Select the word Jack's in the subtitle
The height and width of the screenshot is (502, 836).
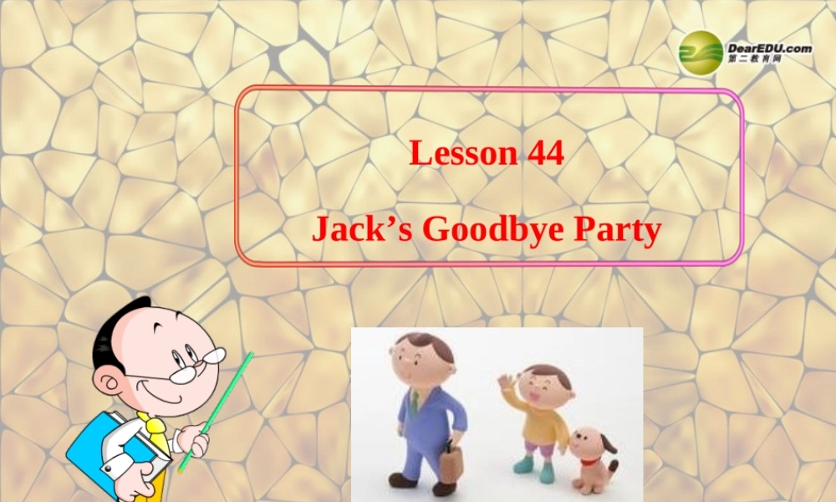pos(361,228)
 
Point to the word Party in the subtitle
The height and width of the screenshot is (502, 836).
pos(617,228)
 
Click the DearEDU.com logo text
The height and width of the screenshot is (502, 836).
pos(770,49)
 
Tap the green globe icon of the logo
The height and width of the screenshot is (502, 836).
pos(701,53)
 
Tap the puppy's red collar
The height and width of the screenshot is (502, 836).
pos(590,460)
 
